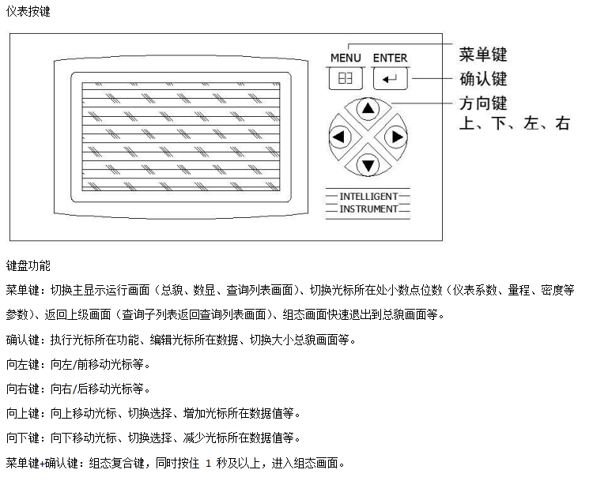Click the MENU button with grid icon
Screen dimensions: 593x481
click(x=346, y=79)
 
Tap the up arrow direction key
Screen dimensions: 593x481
click(x=368, y=109)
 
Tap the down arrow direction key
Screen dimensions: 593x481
click(x=368, y=165)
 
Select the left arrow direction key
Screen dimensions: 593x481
click(x=340, y=137)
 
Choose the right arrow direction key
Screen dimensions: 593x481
click(x=396, y=137)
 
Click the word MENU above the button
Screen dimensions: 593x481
click(x=346, y=58)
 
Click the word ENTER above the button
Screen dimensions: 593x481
click(x=391, y=58)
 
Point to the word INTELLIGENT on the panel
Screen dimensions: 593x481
click(x=368, y=197)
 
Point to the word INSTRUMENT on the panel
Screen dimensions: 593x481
click(x=368, y=209)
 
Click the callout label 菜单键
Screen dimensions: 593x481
click(x=483, y=54)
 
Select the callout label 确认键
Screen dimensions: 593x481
click(x=483, y=79)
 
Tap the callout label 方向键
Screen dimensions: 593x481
click(x=483, y=103)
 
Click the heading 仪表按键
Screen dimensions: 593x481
click(x=28, y=11)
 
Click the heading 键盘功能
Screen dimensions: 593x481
click(x=28, y=265)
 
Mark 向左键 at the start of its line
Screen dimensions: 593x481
click(x=23, y=364)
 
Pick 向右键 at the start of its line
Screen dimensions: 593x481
click(x=23, y=389)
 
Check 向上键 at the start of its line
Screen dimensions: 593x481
click(x=23, y=413)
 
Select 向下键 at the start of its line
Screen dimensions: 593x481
click(x=23, y=438)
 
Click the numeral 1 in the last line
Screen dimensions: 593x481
click(x=208, y=463)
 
